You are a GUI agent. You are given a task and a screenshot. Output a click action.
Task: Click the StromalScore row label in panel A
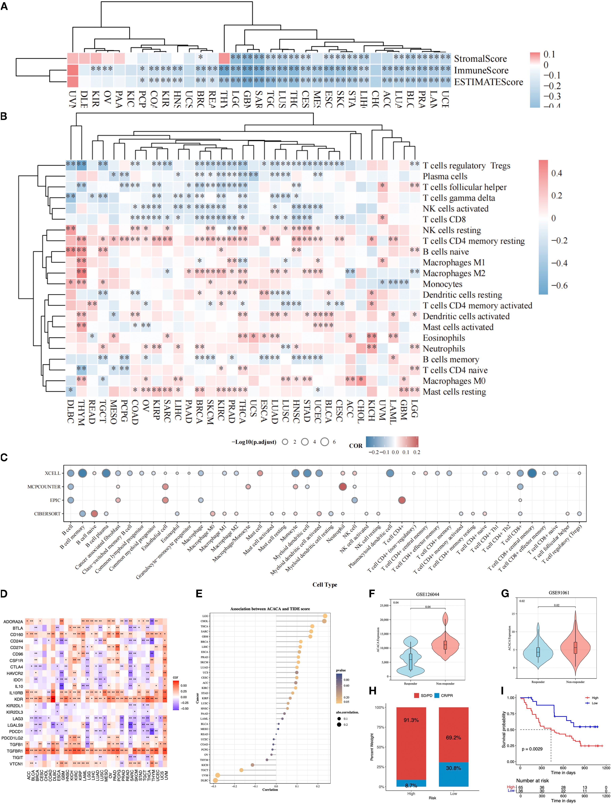click(x=480, y=59)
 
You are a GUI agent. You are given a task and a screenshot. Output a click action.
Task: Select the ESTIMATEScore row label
click(x=488, y=82)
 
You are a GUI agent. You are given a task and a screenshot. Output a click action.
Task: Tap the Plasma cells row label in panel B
click(x=445, y=176)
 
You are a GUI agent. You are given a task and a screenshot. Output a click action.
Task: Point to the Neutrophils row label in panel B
click(x=444, y=349)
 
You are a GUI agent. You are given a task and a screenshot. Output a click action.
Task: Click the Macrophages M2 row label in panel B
click(x=454, y=273)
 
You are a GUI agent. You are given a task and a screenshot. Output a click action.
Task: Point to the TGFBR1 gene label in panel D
click(x=15, y=751)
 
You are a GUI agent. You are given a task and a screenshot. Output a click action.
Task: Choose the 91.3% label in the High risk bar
click(x=411, y=720)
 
